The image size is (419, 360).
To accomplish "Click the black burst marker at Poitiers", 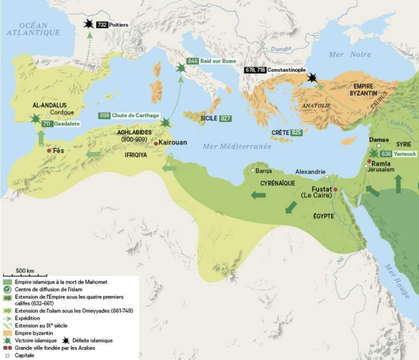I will point(89,24).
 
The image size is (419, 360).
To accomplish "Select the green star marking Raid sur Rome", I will point(181,68).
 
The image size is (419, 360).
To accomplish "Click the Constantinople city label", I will point(286,70).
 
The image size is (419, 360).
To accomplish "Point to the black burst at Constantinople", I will point(312,78).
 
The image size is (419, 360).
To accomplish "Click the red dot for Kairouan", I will point(156,143).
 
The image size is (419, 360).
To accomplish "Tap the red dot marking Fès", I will point(49,151).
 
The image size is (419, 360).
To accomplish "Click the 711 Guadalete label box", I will point(61,124).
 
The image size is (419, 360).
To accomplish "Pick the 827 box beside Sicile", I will point(226,118).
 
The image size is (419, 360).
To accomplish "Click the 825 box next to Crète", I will point(296,133).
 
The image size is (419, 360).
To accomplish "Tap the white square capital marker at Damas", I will point(379,146).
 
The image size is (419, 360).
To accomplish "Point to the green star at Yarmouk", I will point(374,153).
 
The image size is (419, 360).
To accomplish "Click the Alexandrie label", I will point(310,172).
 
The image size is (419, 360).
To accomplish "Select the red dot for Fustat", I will point(335,190).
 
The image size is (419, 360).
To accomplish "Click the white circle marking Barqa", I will point(253,171).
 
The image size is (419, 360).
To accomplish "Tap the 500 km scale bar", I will point(25,275).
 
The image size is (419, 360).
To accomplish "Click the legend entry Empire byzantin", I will point(34,333).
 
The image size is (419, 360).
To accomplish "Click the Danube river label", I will point(281,49).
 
